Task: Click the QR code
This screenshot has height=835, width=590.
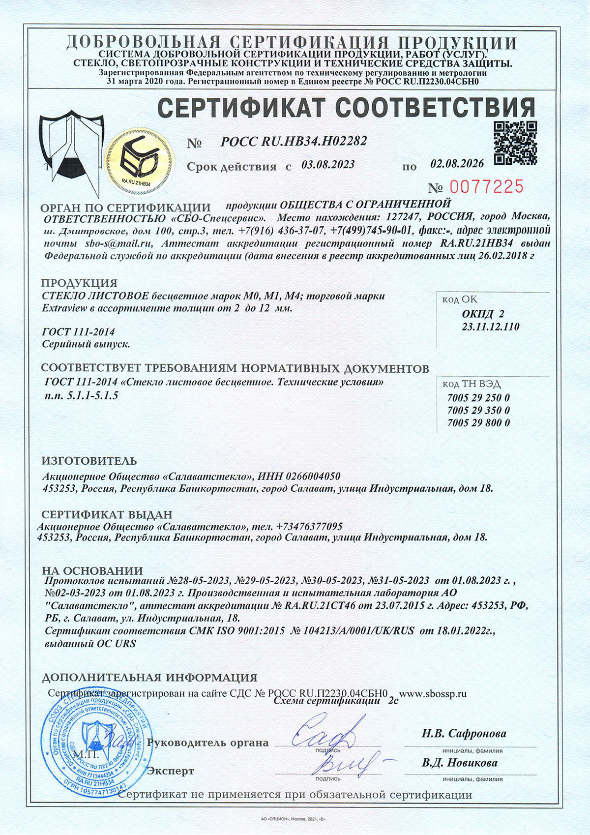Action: click(x=515, y=143)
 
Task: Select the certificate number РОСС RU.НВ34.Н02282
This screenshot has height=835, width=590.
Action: click(x=294, y=142)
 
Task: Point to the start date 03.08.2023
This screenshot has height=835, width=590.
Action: click(x=328, y=165)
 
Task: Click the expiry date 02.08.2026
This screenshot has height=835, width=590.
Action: click(x=457, y=163)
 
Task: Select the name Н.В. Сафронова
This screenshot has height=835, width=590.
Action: click(x=464, y=734)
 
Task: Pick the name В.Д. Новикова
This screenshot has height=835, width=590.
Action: click(x=459, y=763)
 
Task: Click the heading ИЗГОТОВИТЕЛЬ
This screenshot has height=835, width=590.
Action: click(x=89, y=461)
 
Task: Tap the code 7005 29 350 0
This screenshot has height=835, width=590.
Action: click(x=478, y=410)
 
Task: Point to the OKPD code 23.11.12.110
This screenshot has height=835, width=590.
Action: click(x=491, y=327)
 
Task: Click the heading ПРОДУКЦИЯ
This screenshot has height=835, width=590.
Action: click(x=79, y=283)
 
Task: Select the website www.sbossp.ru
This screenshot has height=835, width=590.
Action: click(x=433, y=694)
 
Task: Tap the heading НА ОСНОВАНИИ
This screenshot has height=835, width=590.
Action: click(x=92, y=571)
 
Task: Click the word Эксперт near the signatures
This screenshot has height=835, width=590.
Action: click(x=171, y=771)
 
